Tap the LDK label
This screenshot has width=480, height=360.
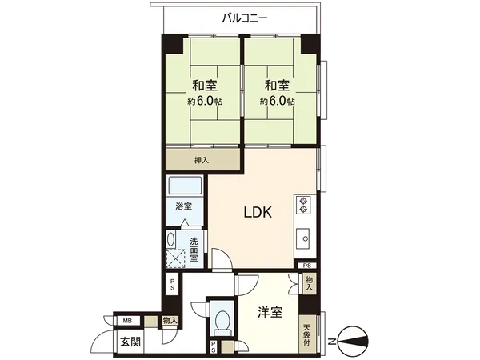[258, 213]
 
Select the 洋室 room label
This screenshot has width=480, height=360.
[270, 311]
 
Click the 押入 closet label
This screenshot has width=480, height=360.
[202, 160]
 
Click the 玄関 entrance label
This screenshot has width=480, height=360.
[130, 342]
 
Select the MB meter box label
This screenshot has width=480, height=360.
[127, 321]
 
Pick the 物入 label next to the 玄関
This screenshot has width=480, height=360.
[169, 320]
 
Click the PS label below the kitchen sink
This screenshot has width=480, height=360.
[308, 266]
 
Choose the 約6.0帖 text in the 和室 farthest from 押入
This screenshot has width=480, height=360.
[275, 102]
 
